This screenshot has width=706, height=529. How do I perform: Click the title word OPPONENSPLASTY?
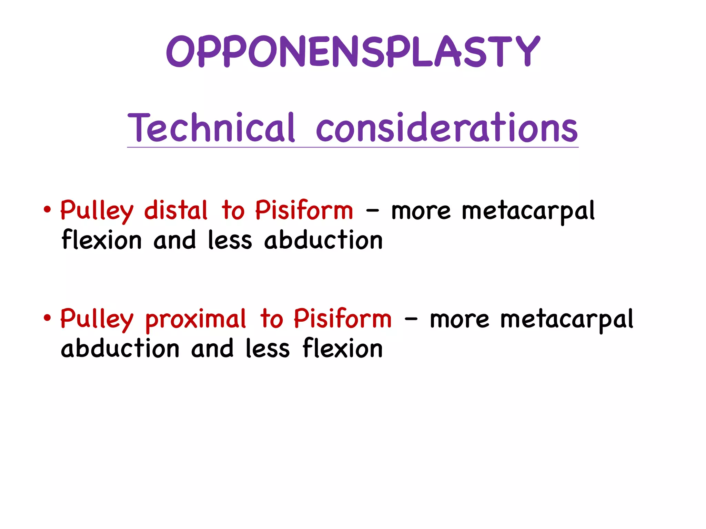coord(353,52)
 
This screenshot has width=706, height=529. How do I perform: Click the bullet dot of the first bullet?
coord(47,210)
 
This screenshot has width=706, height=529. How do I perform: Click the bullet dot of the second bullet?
coord(47,318)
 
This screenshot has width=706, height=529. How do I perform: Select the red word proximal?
coord(195,319)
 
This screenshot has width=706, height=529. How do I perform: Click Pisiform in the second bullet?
coord(343,319)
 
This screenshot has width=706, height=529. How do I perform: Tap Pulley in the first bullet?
coord(97,211)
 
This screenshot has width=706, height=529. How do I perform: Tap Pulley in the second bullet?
coord(97,319)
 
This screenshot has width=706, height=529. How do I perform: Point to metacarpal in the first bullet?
coord(528,211)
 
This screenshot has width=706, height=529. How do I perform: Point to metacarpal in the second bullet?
coord(566,319)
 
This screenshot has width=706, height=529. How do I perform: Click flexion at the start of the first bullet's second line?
coord(102,240)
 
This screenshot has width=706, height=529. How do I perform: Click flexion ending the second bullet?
coord(343,348)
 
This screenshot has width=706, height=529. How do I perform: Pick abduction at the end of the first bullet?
coord(323,240)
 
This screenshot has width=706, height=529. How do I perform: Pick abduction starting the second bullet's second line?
coord(120,348)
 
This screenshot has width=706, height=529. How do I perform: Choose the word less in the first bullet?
coord(230,240)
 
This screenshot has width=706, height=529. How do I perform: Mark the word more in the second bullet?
coord(459,319)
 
